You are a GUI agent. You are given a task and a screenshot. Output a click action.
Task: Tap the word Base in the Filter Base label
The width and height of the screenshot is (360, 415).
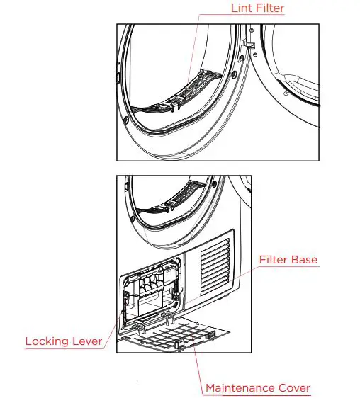(304, 259)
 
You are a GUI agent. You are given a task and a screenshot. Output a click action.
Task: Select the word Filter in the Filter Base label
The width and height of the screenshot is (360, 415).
(273, 259)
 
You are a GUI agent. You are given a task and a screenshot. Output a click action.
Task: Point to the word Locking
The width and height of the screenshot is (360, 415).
(48, 341)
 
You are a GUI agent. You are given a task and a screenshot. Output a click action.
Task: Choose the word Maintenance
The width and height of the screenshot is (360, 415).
(241, 387)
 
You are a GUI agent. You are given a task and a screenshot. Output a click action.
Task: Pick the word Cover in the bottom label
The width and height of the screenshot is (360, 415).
(294, 387)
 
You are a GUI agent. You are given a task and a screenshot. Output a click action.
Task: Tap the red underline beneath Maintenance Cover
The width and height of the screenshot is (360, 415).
(258, 395)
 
